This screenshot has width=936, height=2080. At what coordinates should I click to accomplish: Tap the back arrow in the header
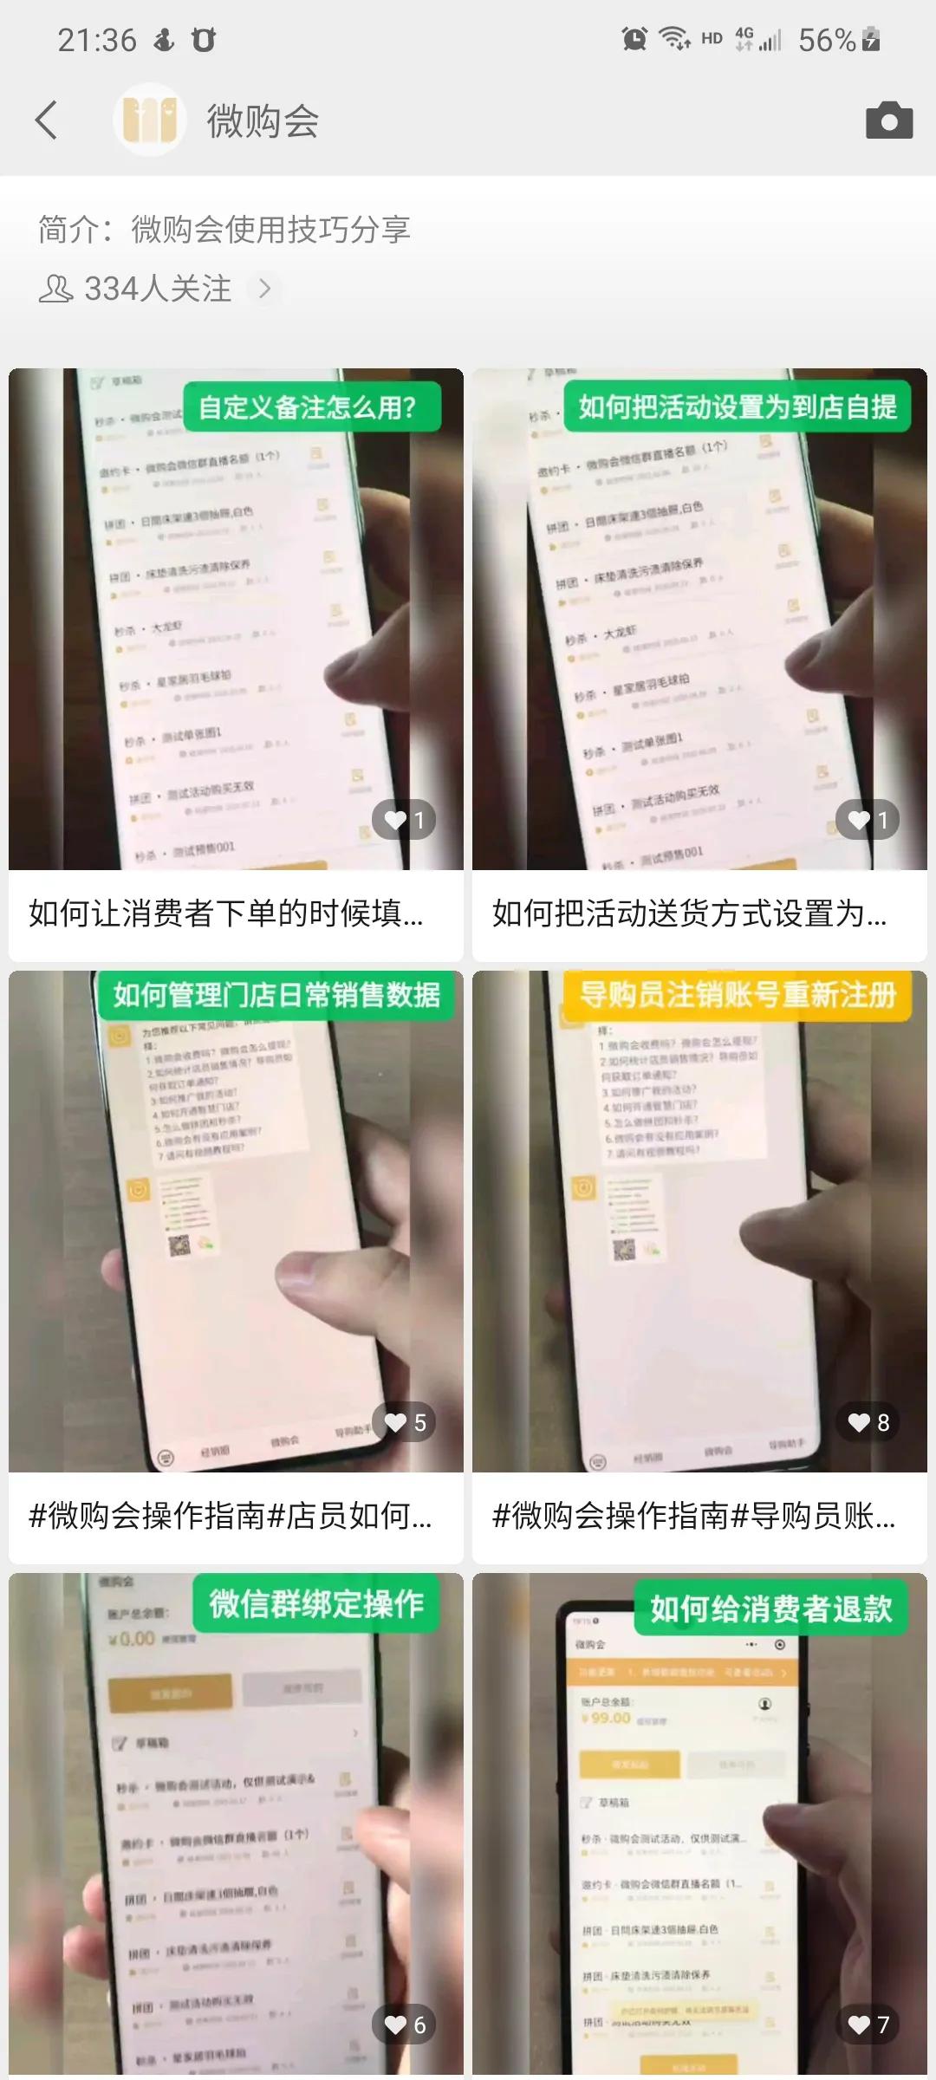coord(47,120)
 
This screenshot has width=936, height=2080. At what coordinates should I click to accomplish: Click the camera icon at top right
coord(889,120)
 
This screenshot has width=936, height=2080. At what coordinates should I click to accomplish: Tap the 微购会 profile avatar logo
coord(150,120)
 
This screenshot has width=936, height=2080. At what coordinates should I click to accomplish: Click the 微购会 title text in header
coord(263,120)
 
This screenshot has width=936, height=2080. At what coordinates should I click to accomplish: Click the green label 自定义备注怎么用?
coord(308,406)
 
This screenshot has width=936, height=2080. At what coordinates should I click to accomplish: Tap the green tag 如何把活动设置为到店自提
coord(738,406)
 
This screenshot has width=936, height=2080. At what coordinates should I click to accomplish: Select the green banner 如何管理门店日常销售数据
coord(276,995)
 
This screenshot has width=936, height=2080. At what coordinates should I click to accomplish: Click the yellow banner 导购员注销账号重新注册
coord(738,995)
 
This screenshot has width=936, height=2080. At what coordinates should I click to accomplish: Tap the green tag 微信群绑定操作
coord(316,1604)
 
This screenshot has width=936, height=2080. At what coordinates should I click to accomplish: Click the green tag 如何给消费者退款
coord(771,1609)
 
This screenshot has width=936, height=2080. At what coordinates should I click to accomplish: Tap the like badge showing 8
coord(868,1422)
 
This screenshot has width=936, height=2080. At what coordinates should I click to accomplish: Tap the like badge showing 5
coord(405,1422)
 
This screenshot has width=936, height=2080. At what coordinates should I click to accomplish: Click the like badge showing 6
coord(405,2025)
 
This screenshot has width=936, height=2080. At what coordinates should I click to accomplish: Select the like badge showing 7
coord(868,2025)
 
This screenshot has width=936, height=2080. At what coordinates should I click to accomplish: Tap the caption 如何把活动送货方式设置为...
coord(689,913)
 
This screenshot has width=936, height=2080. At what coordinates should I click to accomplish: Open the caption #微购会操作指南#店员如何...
coord(230,1516)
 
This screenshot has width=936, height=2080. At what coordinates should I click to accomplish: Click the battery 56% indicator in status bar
coord(838,40)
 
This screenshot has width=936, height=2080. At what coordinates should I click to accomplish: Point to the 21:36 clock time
coord(96,40)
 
